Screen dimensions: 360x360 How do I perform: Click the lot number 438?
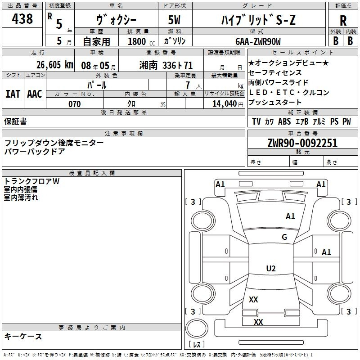(x=22, y=19)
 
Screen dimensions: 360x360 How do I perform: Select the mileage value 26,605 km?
(x=55, y=65)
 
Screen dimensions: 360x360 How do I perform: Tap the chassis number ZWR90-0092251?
(x=302, y=143)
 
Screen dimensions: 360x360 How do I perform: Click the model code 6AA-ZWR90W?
(x=258, y=41)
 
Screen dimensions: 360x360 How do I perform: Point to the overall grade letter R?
(x=343, y=20)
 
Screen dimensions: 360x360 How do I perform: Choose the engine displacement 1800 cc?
(x=141, y=42)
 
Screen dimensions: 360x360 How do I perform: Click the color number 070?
(x=74, y=104)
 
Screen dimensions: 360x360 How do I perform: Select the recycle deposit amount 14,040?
(x=225, y=104)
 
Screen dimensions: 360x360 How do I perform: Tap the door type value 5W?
(x=174, y=20)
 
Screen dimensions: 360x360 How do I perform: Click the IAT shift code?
(x=13, y=94)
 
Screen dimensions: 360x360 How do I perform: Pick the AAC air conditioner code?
(x=35, y=94)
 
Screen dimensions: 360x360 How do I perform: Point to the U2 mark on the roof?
(x=271, y=268)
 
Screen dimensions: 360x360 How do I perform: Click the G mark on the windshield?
(x=284, y=237)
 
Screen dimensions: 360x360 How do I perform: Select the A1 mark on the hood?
(x=290, y=216)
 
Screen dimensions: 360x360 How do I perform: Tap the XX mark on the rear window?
(x=253, y=299)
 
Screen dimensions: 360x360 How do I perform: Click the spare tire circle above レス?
(x=197, y=328)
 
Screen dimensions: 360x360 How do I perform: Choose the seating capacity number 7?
(x=188, y=85)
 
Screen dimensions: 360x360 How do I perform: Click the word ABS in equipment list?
(x=284, y=121)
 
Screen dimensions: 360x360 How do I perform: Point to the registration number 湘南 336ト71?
(x=166, y=65)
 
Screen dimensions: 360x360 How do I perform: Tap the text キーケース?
(x=23, y=336)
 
